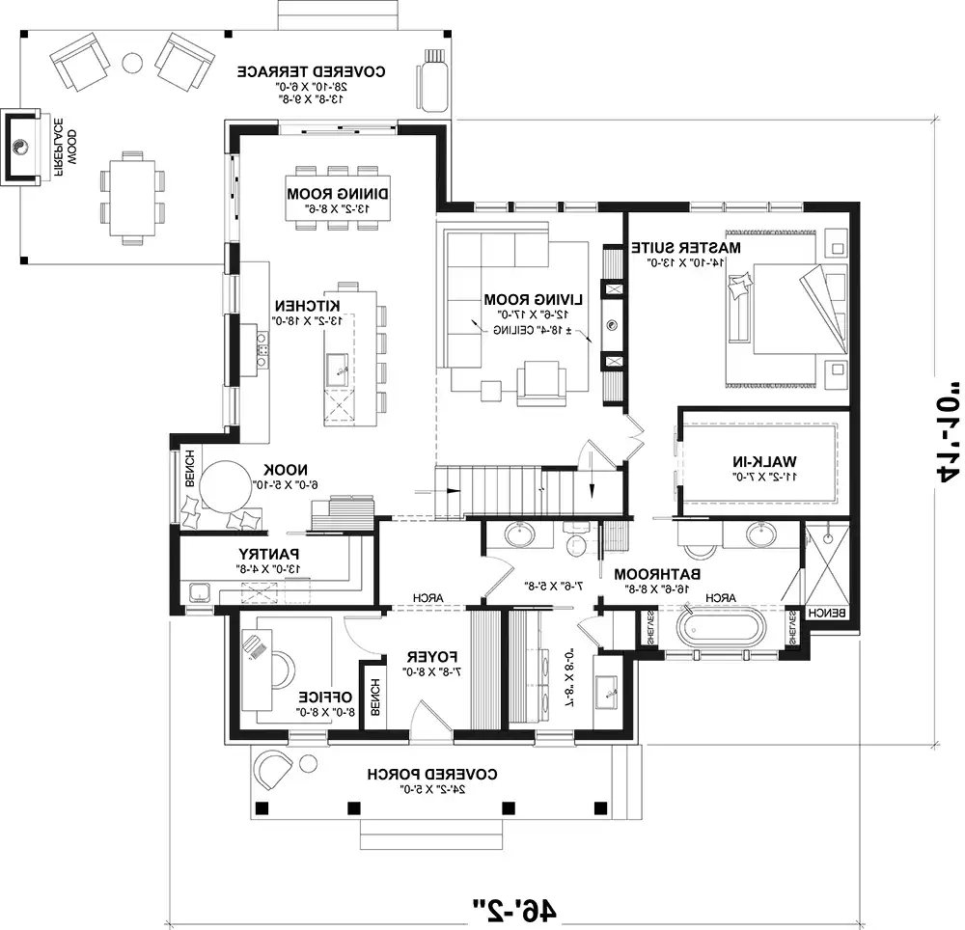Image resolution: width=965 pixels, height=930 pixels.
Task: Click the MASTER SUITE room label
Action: point(686,248)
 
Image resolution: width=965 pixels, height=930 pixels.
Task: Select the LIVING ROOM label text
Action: point(520,299)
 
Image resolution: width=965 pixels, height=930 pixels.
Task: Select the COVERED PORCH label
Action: point(431,774)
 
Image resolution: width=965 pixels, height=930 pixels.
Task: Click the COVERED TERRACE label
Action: point(312,71)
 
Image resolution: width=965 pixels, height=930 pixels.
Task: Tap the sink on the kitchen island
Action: point(338,365)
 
